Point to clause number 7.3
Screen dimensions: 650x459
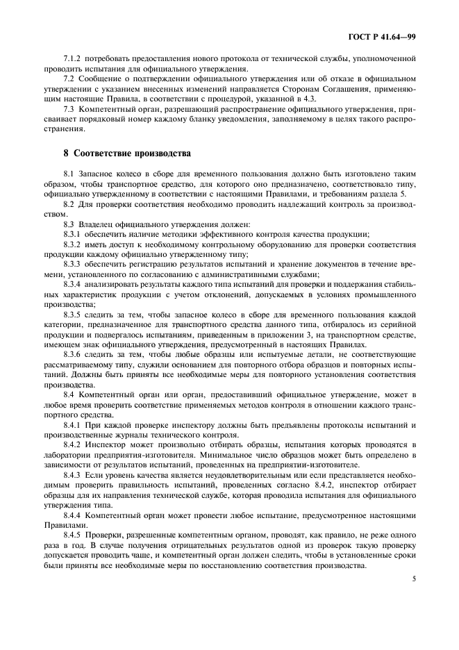pyautogui.click(x=69, y=110)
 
